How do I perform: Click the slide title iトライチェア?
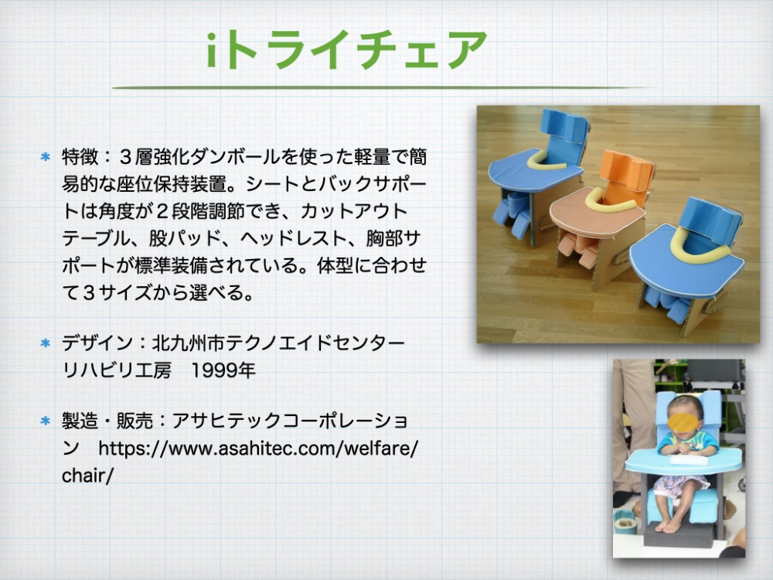coord(346,49)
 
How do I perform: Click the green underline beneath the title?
coord(380,87)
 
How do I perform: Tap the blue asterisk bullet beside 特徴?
coord(46,157)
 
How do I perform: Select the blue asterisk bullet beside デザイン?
coord(46,343)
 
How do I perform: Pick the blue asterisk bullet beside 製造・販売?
coord(46,421)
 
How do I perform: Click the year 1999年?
coord(223,370)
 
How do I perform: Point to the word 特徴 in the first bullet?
coord(80,157)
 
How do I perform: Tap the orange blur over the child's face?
coord(684,423)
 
